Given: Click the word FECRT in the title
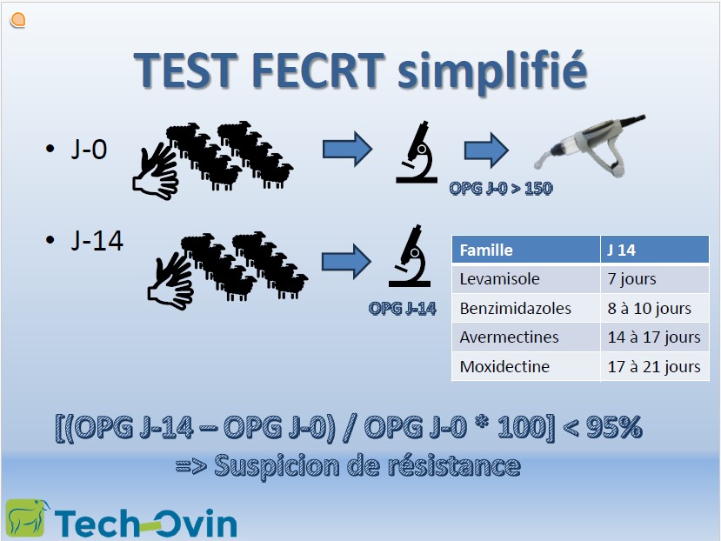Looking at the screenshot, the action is tap(317, 70).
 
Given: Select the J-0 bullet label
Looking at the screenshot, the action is tap(90, 149).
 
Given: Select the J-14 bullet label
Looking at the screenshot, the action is tap(97, 240).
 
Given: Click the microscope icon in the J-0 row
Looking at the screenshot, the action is tap(417, 152).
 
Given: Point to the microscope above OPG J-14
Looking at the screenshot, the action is tap(410, 256).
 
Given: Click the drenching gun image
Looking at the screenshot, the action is tap(590, 145).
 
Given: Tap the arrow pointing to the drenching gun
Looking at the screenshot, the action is tap(486, 150).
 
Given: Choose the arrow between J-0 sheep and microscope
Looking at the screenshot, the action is tap(347, 149).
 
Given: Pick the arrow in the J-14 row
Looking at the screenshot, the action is tap(346, 261).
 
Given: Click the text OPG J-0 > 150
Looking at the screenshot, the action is tap(501, 188).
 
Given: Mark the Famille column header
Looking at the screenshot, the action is tap(525, 250).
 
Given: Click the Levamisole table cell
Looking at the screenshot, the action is tap(525, 279).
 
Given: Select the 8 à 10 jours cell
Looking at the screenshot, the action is tap(654, 308).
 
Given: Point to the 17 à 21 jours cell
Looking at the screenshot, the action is tap(654, 367).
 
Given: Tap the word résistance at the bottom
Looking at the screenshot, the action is tap(454, 465).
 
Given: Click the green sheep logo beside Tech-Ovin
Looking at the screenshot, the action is tap(28, 518).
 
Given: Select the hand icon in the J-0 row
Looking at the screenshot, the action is tap(156, 170).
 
